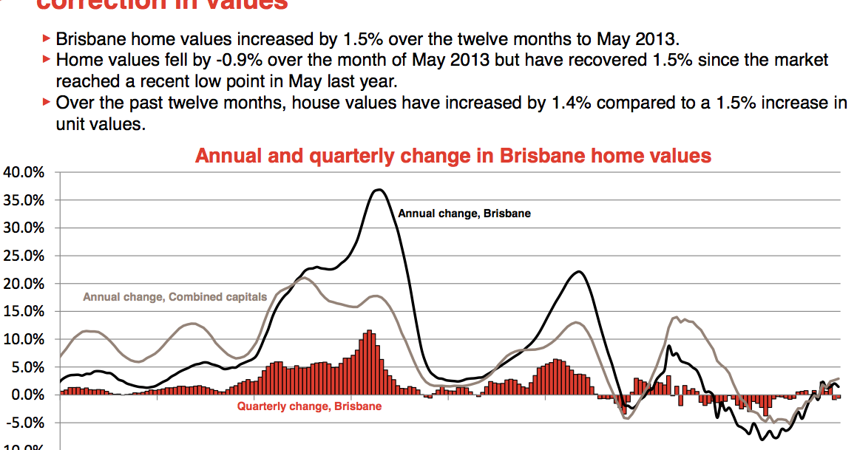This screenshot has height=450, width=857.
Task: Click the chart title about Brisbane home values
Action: tap(453, 156)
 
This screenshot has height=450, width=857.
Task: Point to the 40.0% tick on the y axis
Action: tap(24, 173)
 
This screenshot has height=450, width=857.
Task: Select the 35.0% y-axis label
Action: tap(24, 200)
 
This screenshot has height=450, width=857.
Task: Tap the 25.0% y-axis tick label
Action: tap(24, 256)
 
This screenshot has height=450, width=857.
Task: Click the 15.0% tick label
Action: tap(24, 312)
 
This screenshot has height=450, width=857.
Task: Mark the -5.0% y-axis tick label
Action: tap(26, 423)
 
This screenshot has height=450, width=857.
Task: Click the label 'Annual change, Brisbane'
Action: tap(464, 214)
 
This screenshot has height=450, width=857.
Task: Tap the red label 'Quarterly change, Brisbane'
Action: tap(309, 406)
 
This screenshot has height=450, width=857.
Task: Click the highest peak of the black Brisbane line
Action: tap(379, 190)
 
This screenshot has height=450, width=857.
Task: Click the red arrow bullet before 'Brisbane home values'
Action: tap(47, 38)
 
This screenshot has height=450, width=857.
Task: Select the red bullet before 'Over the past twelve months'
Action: tap(47, 103)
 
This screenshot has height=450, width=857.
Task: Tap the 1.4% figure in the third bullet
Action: tap(570, 103)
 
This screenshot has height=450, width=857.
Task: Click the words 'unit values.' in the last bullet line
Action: tap(100, 124)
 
